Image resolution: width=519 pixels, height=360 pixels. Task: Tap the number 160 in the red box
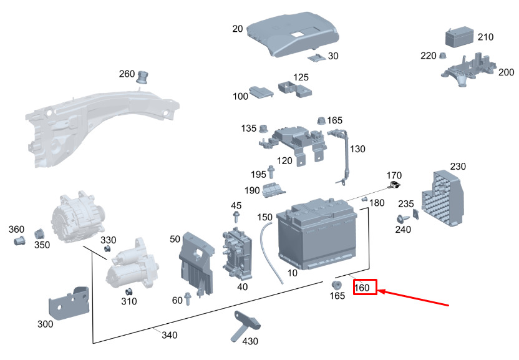tap(365, 288)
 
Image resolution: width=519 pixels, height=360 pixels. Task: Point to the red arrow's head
tap(380, 290)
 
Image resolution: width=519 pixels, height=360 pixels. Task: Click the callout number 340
tap(170, 335)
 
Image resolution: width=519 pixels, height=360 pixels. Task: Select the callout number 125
tap(301, 77)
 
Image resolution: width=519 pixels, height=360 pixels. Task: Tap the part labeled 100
tap(261, 93)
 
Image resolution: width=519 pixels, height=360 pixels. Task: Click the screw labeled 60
tap(188, 300)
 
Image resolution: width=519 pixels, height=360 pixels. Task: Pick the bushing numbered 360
tap(19, 241)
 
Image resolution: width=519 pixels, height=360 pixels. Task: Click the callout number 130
tap(357, 149)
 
